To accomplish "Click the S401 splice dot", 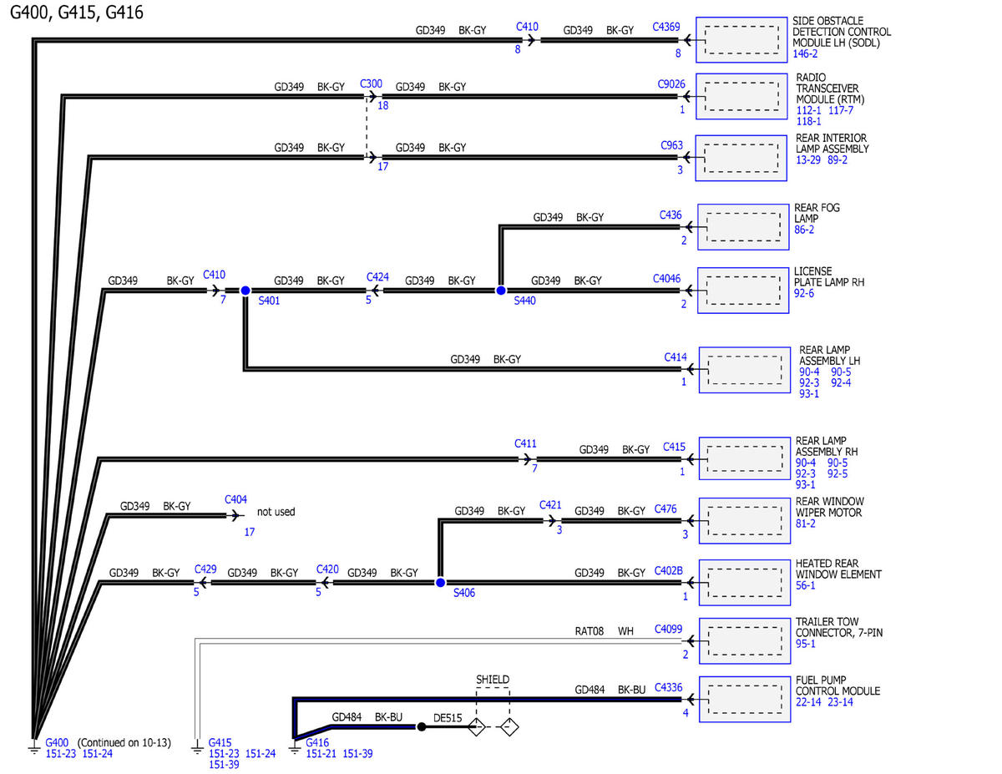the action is (x=245, y=291).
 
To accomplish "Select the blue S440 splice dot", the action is (x=500, y=291).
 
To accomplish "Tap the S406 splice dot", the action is (x=440, y=583).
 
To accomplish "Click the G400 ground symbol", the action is (x=34, y=746).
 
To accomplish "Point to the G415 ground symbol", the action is (x=197, y=746).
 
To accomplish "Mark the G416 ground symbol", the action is (x=294, y=746).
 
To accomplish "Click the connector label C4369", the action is (x=665, y=27).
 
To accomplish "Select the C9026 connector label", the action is (x=671, y=83).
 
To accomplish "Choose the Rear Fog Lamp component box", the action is (x=743, y=227).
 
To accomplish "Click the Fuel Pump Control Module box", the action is (x=744, y=699).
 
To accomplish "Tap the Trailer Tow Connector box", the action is (x=744, y=640).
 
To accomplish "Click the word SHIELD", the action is (x=493, y=680).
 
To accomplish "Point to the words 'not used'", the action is (x=276, y=512).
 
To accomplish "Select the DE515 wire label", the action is (x=448, y=718).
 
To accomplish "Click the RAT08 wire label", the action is (x=589, y=631).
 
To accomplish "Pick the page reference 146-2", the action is (x=805, y=53).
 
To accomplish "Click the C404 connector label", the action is (x=235, y=499).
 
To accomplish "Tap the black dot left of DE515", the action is (x=421, y=727).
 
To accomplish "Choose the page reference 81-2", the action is (x=805, y=524).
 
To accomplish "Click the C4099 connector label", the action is (x=668, y=629).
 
